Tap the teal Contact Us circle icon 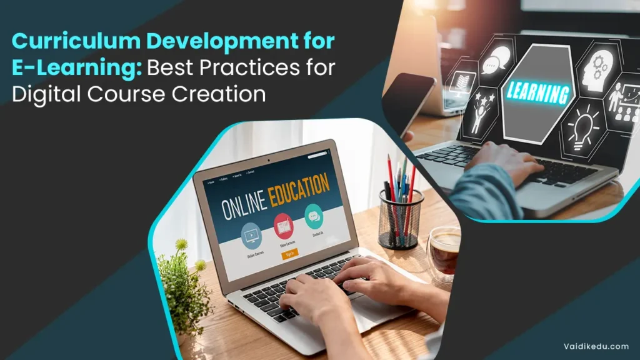(x=314, y=216)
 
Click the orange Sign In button (x=289, y=254)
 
